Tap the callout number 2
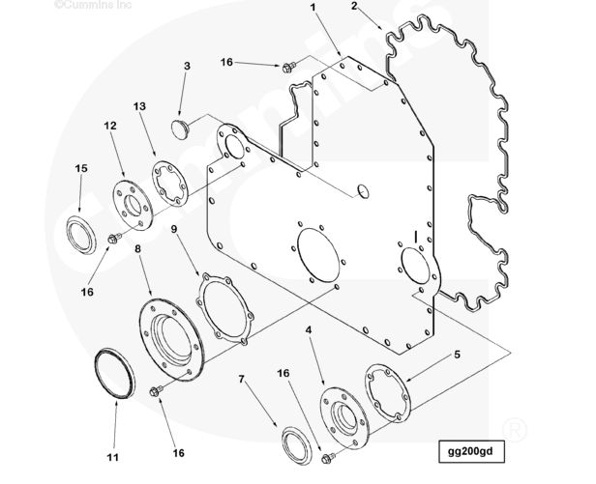click(x=354, y=7)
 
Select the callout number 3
click(x=186, y=66)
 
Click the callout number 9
click(x=174, y=229)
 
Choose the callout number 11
click(x=112, y=456)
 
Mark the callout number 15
click(x=81, y=168)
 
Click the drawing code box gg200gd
click(x=471, y=452)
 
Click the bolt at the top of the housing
click(x=287, y=67)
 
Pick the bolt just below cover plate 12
click(x=114, y=238)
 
